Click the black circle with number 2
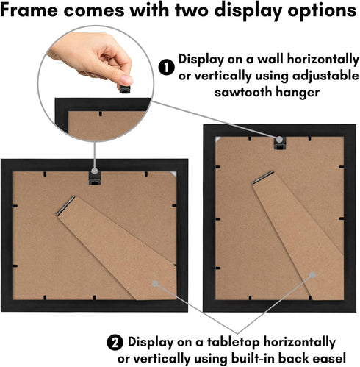(115, 343)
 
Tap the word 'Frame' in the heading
(31, 13)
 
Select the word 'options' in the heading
(320, 13)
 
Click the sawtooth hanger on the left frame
(95, 176)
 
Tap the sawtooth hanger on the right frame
(279, 143)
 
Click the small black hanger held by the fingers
(124, 89)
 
